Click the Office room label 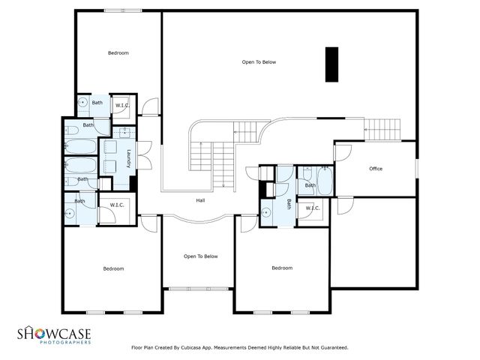[x=376, y=169]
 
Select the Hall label [x=200, y=200]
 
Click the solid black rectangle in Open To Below [x=331, y=64]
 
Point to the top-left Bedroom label [x=118, y=52]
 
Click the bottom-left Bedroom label [x=113, y=268]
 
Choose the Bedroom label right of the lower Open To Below [x=282, y=268]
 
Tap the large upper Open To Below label [x=259, y=61]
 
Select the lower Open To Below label [x=200, y=256]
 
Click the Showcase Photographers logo [x=54, y=334]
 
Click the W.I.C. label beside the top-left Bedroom [x=121, y=106]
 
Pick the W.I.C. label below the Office [x=313, y=208]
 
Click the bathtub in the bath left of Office [x=325, y=181]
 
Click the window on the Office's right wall [x=416, y=169]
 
